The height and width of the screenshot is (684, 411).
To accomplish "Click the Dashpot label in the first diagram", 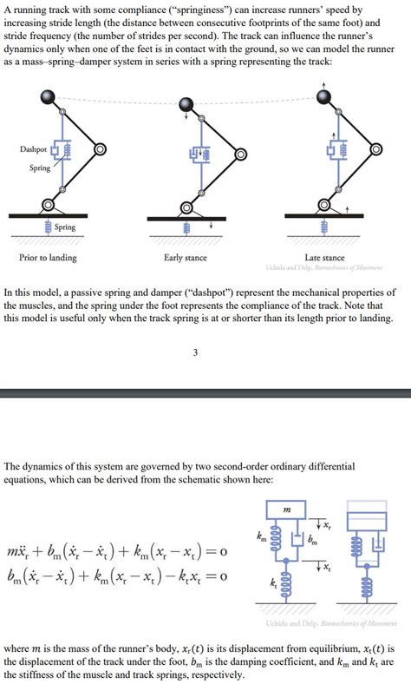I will point(33,149).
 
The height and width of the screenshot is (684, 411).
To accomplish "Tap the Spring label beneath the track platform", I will point(64,227).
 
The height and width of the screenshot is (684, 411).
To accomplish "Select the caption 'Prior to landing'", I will point(48,258).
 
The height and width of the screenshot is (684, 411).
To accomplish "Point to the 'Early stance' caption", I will point(185,258).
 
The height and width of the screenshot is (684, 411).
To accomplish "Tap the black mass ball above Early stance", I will point(186,105).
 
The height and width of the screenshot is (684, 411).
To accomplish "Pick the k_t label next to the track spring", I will point(274,577).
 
